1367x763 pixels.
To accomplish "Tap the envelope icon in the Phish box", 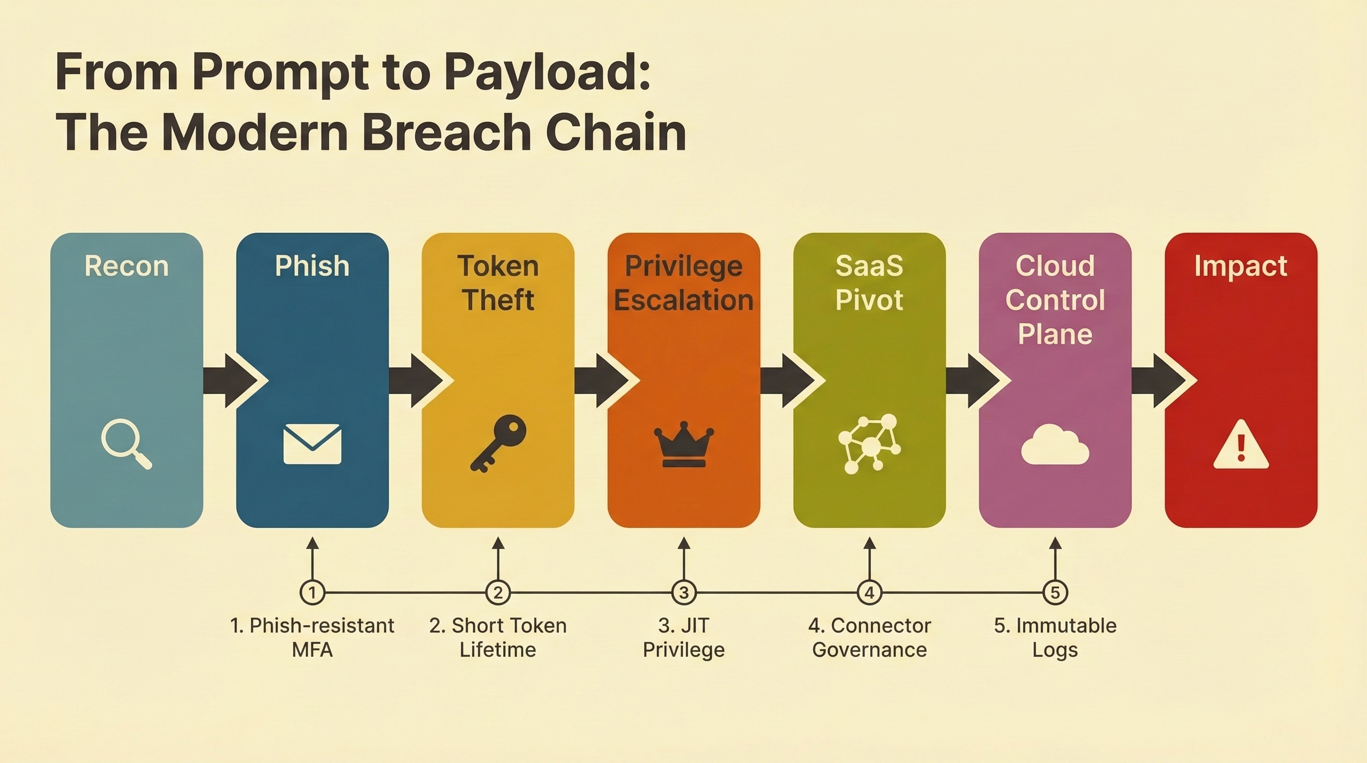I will coord(312,444).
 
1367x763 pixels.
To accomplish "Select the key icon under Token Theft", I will coord(498,443).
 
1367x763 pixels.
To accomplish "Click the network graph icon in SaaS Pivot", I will coord(869,444).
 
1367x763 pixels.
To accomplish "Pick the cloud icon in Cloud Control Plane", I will coord(1055,445).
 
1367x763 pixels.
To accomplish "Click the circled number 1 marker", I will coord(312,592).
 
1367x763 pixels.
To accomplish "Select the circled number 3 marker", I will coord(683,592).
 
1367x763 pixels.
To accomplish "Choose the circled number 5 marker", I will coord(1055,592).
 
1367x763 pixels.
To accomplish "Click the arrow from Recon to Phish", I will coord(233,381).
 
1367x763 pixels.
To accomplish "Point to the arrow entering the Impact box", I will coord(1162,381).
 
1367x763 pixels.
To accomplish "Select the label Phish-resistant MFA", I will coord(312,637).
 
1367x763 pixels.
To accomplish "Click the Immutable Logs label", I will coord(1055,637).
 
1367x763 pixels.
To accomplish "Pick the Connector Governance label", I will coord(869,637).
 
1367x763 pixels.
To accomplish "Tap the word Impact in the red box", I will coord(1241,266).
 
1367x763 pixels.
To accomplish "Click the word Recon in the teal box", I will coord(126,266).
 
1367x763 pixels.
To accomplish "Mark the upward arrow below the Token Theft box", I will coord(498,557).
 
